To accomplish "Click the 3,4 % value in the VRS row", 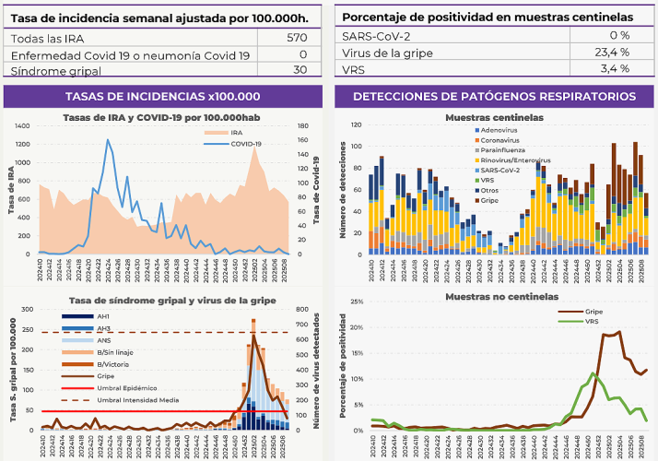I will point(614,69).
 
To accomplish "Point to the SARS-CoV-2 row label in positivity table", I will point(376,35).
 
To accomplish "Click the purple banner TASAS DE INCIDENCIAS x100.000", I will point(162,97).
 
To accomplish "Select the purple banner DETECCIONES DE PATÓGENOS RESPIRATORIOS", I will point(494,97).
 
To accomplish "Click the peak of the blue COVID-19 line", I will point(109,140).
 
